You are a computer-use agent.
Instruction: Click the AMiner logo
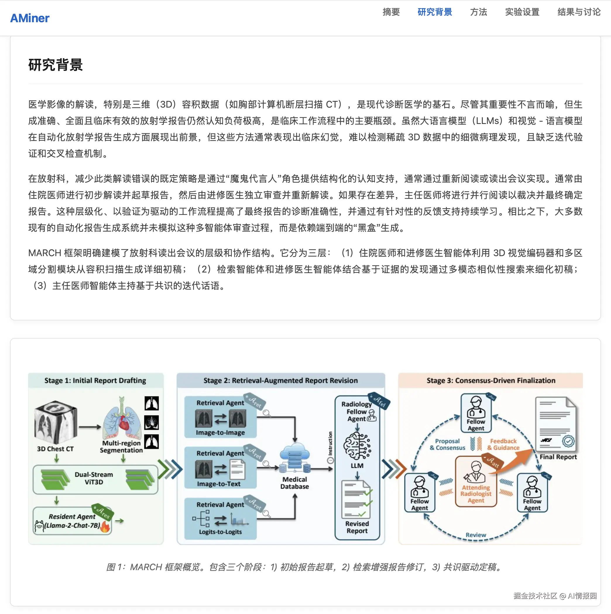point(30,18)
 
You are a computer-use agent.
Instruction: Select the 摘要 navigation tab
point(391,12)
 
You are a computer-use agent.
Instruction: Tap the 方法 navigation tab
point(478,12)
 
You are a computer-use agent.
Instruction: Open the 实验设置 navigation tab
point(522,12)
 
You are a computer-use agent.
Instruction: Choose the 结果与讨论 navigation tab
point(579,12)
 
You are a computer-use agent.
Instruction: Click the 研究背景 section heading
point(55,65)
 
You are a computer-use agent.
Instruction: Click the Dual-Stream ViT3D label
point(94,478)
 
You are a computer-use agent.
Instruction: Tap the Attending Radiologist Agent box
point(476,481)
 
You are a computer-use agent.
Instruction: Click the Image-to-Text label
point(219,484)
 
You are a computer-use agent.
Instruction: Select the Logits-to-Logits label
point(220,532)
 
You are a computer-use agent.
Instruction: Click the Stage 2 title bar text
point(281,380)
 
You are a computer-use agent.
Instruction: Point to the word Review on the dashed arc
point(476,535)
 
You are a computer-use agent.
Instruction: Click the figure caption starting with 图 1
point(305,567)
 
